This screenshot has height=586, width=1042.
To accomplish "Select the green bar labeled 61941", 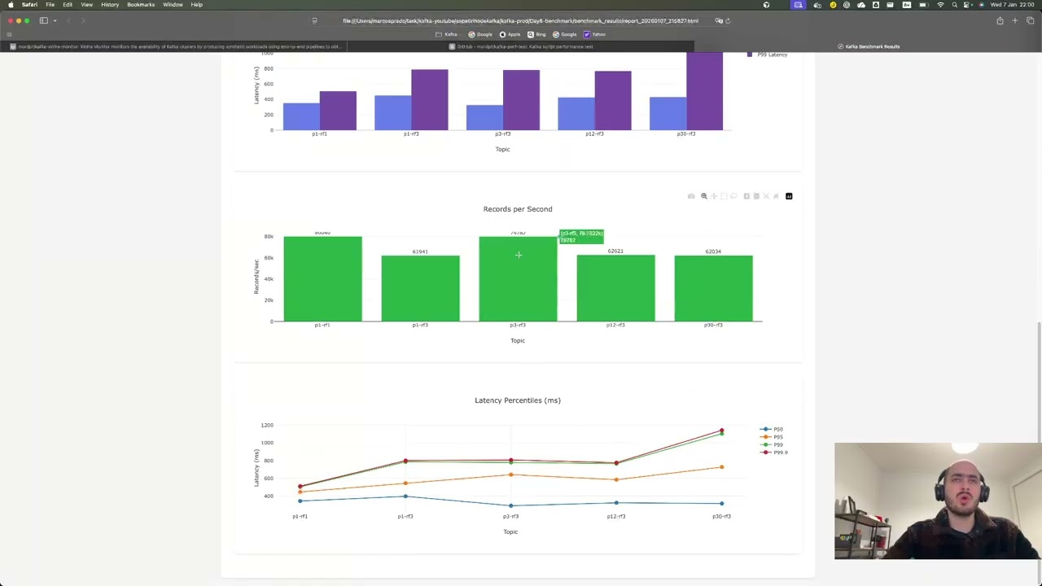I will (420, 288).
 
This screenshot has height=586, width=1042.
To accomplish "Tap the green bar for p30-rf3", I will (713, 288).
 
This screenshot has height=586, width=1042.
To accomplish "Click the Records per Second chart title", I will (518, 209).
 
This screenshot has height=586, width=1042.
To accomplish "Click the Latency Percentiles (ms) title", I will (518, 400).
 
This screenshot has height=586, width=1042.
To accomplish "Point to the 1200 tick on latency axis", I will (267, 425).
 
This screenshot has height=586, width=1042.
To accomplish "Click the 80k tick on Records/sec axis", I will (268, 237).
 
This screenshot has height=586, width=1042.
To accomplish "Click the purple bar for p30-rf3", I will (704, 91).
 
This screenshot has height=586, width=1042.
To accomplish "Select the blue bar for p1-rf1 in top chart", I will (301, 116).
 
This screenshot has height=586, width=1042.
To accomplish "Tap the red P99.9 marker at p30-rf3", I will (721, 430).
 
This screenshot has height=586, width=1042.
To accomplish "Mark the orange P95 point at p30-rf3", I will (721, 467).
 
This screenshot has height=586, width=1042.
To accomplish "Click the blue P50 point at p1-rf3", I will (405, 496).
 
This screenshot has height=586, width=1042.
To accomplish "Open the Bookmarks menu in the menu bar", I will (140, 5).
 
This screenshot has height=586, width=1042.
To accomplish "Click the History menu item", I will (110, 5).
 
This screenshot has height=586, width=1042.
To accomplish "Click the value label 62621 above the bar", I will (615, 251).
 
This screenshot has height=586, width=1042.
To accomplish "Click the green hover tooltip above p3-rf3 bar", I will (581, 237).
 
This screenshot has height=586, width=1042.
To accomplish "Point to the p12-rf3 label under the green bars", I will (615, 325).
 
